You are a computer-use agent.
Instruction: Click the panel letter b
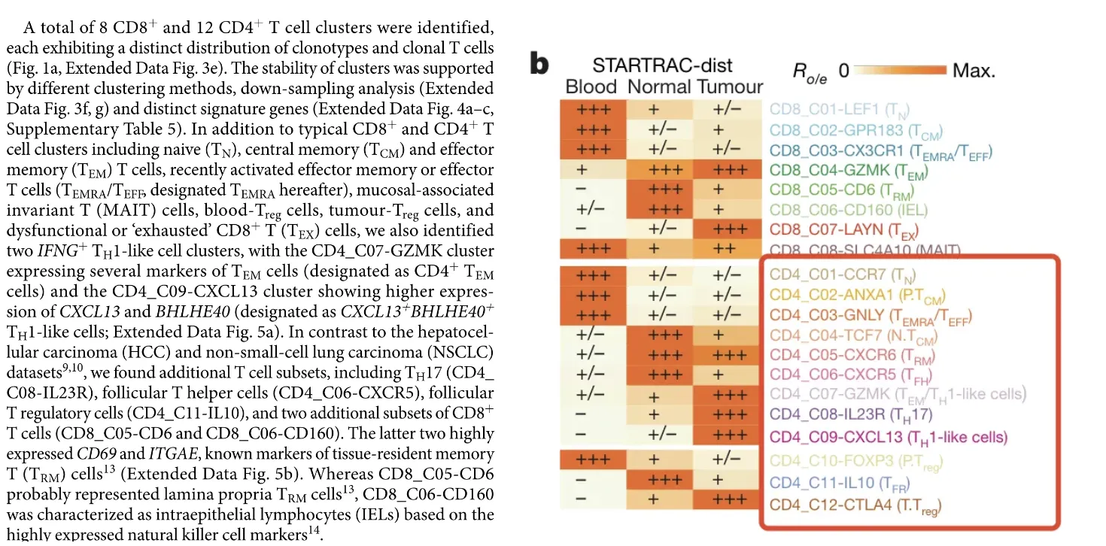pos(539,65)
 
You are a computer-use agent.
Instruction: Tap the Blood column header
pos(591,86)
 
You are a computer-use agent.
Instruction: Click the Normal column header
pos(659,86)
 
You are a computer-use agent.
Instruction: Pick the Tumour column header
pos(730,86)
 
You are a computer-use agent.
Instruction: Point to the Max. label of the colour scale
pos(974,71)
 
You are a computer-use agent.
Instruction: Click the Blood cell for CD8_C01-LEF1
pos(593,110)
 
